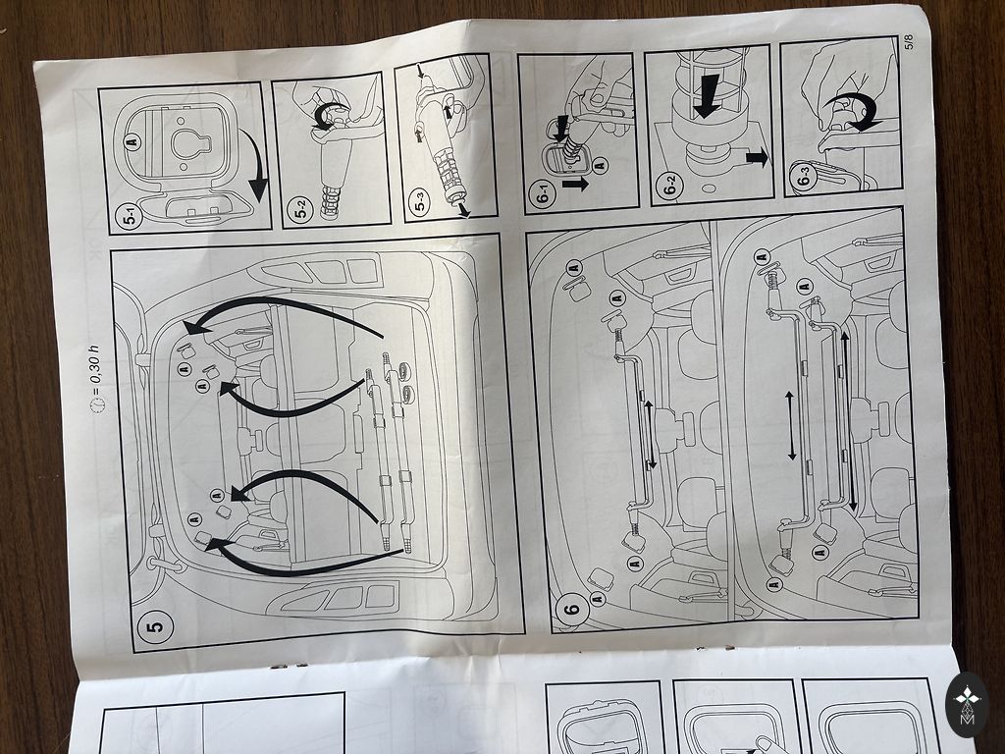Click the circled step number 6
(572, 607)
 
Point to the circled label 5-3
(420, 204)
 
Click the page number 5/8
(910, 41)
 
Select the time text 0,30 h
(95, 365)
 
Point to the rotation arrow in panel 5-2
(328, 118)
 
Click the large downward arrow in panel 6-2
(707, 96)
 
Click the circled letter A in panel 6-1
(600, 165)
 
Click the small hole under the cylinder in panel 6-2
(709, 189)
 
